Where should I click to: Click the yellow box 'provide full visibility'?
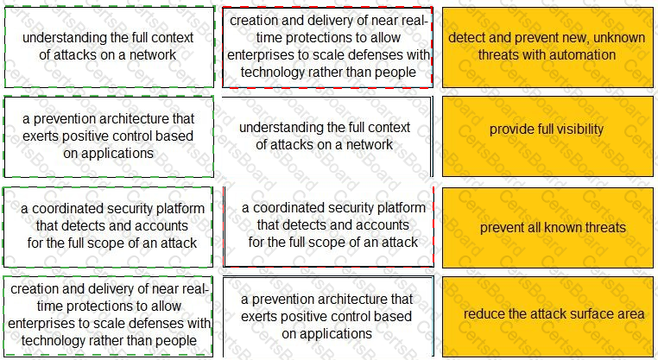[x=547, y=136]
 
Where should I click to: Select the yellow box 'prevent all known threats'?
[x=547, y=227]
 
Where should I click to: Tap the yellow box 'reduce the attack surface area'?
[x=547, y=316]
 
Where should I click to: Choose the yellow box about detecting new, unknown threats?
[x=547, y=47]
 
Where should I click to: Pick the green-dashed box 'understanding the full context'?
[x=109, y=47]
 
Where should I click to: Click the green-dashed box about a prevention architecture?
[x=109, y=136]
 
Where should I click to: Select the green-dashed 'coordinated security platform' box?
[x=108, y=227]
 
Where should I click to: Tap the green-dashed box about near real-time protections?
[x=108, y=315]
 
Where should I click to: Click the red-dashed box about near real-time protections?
[x=327, y=47]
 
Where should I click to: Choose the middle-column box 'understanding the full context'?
[x=327, y=136]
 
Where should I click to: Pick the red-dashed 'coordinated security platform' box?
[x=328, y=226]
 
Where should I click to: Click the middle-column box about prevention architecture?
[x=328, y=317]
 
